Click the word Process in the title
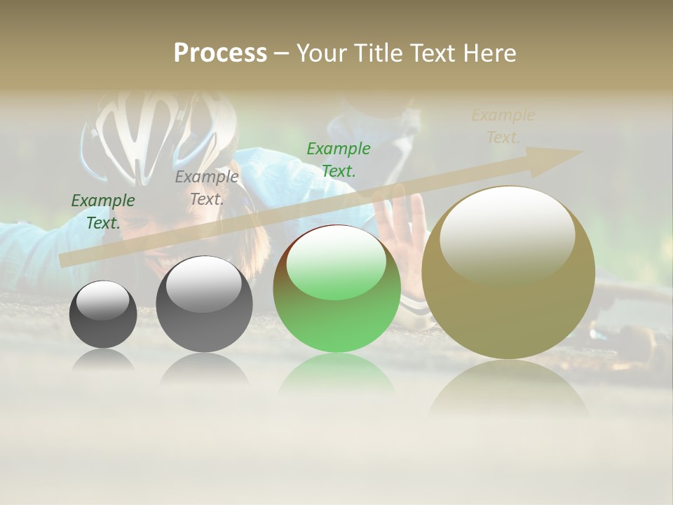(220, 53)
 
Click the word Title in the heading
(378, 53)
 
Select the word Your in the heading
(322, 53)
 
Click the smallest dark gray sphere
(103, 314)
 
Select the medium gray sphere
(204, 304)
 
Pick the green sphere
(336, 289)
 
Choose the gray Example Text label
(207, 188)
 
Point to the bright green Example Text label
(339, 160)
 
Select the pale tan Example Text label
(503, 126)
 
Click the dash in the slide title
(281, 53)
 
